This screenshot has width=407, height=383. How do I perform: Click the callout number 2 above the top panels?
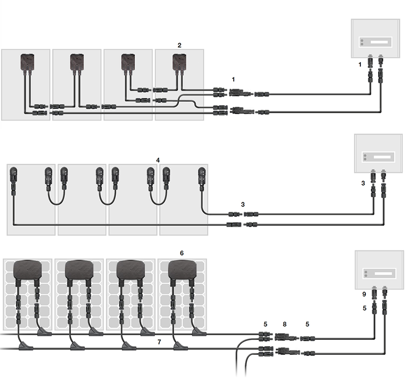point(180,45)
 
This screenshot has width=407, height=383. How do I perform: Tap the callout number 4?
point(158,160)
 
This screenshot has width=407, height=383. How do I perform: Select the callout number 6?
point(182,253)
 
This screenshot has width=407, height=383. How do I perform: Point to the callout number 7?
point(159,342)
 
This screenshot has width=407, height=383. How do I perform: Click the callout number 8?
point(284,324)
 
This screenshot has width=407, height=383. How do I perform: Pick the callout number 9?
point(364,294)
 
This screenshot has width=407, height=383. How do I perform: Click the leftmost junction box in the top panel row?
point(27,61)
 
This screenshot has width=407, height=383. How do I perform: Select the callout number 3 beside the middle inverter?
point(363,183)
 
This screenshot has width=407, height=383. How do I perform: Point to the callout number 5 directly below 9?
point(364,308)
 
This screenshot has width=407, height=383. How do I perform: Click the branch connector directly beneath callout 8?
point(285,337)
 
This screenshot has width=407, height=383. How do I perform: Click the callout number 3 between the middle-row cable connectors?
point(243,205)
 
